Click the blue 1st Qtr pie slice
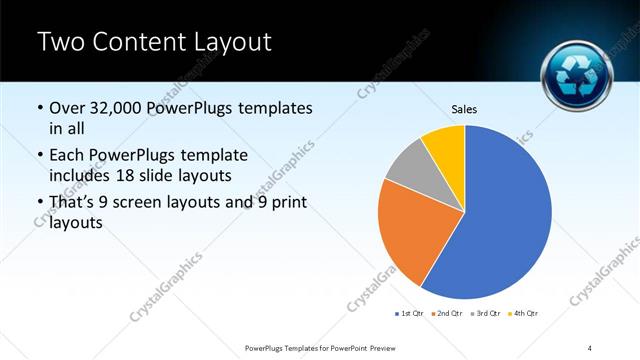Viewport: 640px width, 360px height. pyautogui.click(x=505, y=215)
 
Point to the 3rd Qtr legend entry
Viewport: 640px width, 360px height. pyautogui.click(x=486, y=314)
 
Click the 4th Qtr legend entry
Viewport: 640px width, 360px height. pyautogui.click(x=525, y=314)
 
